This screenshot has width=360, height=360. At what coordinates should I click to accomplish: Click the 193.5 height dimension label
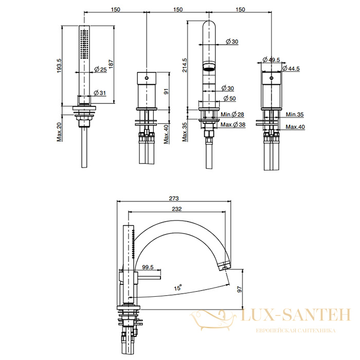[59, 65]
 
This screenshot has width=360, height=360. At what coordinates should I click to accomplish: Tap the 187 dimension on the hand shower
[111, 64]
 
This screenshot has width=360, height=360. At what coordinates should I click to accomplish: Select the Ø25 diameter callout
[101, 69]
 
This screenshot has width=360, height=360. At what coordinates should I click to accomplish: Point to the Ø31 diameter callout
[100, 93]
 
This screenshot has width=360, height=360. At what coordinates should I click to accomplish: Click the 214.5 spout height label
[184, 65]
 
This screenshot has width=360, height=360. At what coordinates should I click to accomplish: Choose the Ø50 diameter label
[229, 98]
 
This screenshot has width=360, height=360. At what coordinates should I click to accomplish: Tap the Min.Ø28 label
[232, 114]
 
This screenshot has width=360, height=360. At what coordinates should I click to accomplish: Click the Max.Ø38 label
[233, 124]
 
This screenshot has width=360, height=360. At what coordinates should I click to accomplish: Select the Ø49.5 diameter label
[271, 60]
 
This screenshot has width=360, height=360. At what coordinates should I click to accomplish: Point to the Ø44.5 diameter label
[291, 68]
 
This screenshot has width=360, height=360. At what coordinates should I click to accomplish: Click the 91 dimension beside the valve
[166, 91]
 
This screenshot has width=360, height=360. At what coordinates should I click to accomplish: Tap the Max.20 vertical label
[59, 132]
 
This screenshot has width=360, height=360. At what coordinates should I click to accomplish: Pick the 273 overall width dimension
[174, 198]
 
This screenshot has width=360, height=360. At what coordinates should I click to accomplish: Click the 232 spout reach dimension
[176, 209]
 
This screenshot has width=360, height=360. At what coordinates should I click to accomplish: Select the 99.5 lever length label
[148, 267]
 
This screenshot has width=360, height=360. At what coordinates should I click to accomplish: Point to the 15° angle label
[178, 287]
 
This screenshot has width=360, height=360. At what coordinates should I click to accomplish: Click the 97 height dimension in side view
[240, 289]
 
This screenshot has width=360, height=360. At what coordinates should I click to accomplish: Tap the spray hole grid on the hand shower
[84, 45]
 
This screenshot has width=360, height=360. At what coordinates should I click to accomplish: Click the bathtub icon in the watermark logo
[213, 320]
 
